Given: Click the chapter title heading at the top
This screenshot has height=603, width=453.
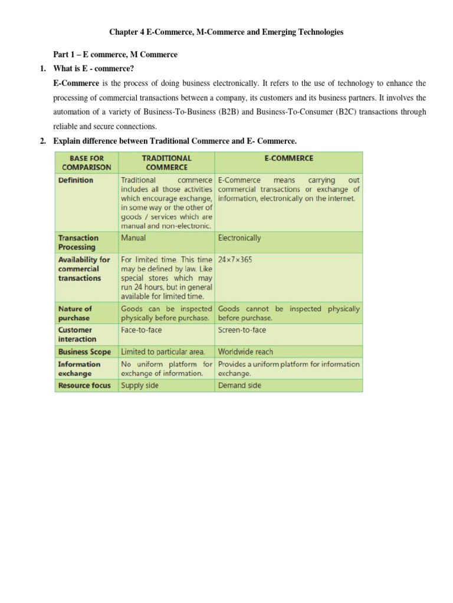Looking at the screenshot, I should pos(226,32).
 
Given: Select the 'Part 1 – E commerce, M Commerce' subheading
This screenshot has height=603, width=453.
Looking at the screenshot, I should pos(115,55).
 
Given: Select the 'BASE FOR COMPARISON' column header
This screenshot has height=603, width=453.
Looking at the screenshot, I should pos(86,163).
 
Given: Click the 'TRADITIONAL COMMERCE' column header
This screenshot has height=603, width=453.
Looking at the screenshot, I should pos(167,163).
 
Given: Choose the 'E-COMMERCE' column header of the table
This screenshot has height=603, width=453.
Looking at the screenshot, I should pos(288,158).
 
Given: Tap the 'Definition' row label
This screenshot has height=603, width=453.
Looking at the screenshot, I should pos(75,180).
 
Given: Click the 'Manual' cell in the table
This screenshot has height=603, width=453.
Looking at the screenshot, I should pos(133,238).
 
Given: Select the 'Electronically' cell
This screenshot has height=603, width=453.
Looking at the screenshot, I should pos(239,238).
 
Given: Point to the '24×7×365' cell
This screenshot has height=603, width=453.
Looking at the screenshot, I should pos(235,259).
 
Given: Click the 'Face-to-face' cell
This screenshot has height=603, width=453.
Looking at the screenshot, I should pos(141,330).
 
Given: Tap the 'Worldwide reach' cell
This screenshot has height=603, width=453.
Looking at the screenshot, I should pos(245,352).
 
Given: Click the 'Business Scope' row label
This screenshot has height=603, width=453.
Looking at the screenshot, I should pos(84,352).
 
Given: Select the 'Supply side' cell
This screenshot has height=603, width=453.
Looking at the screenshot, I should pos(140,386).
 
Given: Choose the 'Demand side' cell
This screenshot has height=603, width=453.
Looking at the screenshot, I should pos(239,386).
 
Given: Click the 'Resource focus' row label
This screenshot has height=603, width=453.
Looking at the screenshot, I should pos(84,386).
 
